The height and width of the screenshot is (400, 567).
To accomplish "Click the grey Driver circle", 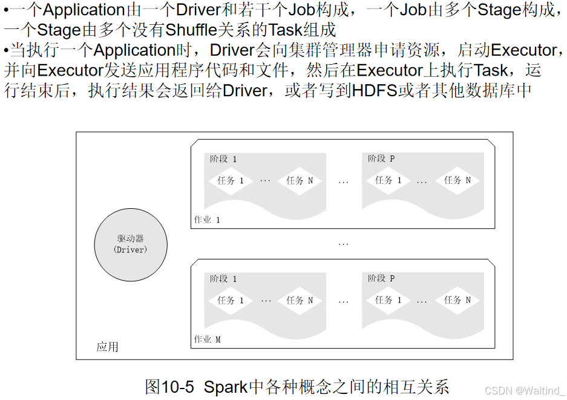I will [131, 244].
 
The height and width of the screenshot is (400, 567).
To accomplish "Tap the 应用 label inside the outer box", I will [107, 347].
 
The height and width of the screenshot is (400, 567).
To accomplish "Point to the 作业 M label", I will [207, 339].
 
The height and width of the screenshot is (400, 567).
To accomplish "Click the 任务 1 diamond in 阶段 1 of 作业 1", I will [230, 180].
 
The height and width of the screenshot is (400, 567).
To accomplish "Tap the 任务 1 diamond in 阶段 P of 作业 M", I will [388, 300].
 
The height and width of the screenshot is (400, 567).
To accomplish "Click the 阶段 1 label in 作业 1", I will [223, 159].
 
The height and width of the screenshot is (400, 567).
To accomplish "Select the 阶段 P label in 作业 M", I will [381, 278].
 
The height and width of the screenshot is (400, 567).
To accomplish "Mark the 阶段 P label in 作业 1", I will [381, 159].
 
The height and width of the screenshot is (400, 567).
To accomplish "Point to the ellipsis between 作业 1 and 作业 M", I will [344, 244].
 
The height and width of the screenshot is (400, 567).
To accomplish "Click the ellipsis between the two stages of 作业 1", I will [344, 181].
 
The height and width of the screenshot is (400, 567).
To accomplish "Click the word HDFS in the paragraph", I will [375, 91].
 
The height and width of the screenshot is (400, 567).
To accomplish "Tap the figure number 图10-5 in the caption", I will [170, 387].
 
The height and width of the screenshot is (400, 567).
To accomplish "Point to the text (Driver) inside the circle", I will [131, 249].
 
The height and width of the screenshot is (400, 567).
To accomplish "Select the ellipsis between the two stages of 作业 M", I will [344, 301].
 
